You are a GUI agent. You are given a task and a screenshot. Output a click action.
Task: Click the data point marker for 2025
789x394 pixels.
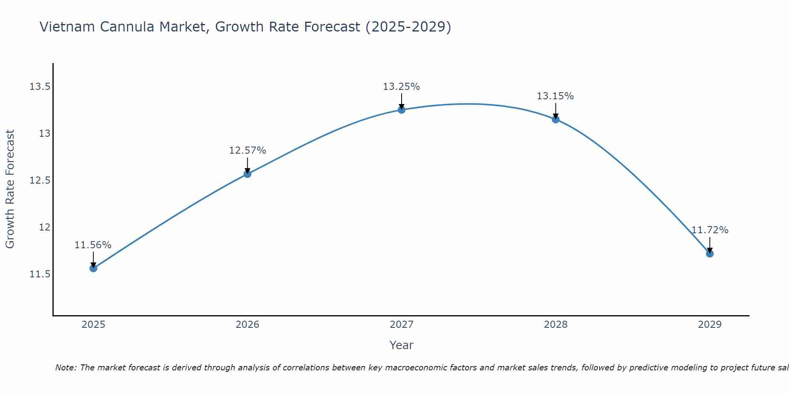93,268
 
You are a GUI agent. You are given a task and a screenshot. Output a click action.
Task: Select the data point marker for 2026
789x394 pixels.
247,174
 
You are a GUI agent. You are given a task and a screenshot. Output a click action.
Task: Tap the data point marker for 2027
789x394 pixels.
402,110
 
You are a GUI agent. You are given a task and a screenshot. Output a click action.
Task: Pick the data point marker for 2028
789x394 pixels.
555,119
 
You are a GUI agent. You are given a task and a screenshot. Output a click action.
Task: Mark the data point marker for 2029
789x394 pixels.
710,253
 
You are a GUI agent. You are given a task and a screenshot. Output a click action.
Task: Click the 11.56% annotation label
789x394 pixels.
93,245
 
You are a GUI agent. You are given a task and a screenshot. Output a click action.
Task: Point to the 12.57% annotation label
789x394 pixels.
247,151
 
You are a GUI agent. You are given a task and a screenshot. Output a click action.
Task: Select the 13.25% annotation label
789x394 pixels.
402,87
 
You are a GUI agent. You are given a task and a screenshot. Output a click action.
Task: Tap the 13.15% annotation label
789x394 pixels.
555,96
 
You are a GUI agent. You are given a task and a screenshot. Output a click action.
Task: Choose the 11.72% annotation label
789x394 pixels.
710,230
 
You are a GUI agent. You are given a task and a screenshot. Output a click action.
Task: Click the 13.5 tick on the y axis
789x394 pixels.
40,87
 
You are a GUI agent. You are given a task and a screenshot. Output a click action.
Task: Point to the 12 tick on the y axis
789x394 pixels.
45,227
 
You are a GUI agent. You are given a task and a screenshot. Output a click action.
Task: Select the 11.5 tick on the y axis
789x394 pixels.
40,274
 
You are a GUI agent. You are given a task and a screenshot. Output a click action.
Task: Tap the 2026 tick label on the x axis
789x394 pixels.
247,325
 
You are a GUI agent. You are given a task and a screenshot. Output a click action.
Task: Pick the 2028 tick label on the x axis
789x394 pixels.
555,325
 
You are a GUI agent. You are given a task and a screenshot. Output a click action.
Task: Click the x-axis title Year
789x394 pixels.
401,345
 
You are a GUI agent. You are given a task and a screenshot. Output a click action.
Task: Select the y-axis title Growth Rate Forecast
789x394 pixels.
10,189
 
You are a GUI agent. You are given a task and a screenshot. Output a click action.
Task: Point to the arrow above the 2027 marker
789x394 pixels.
402,101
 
